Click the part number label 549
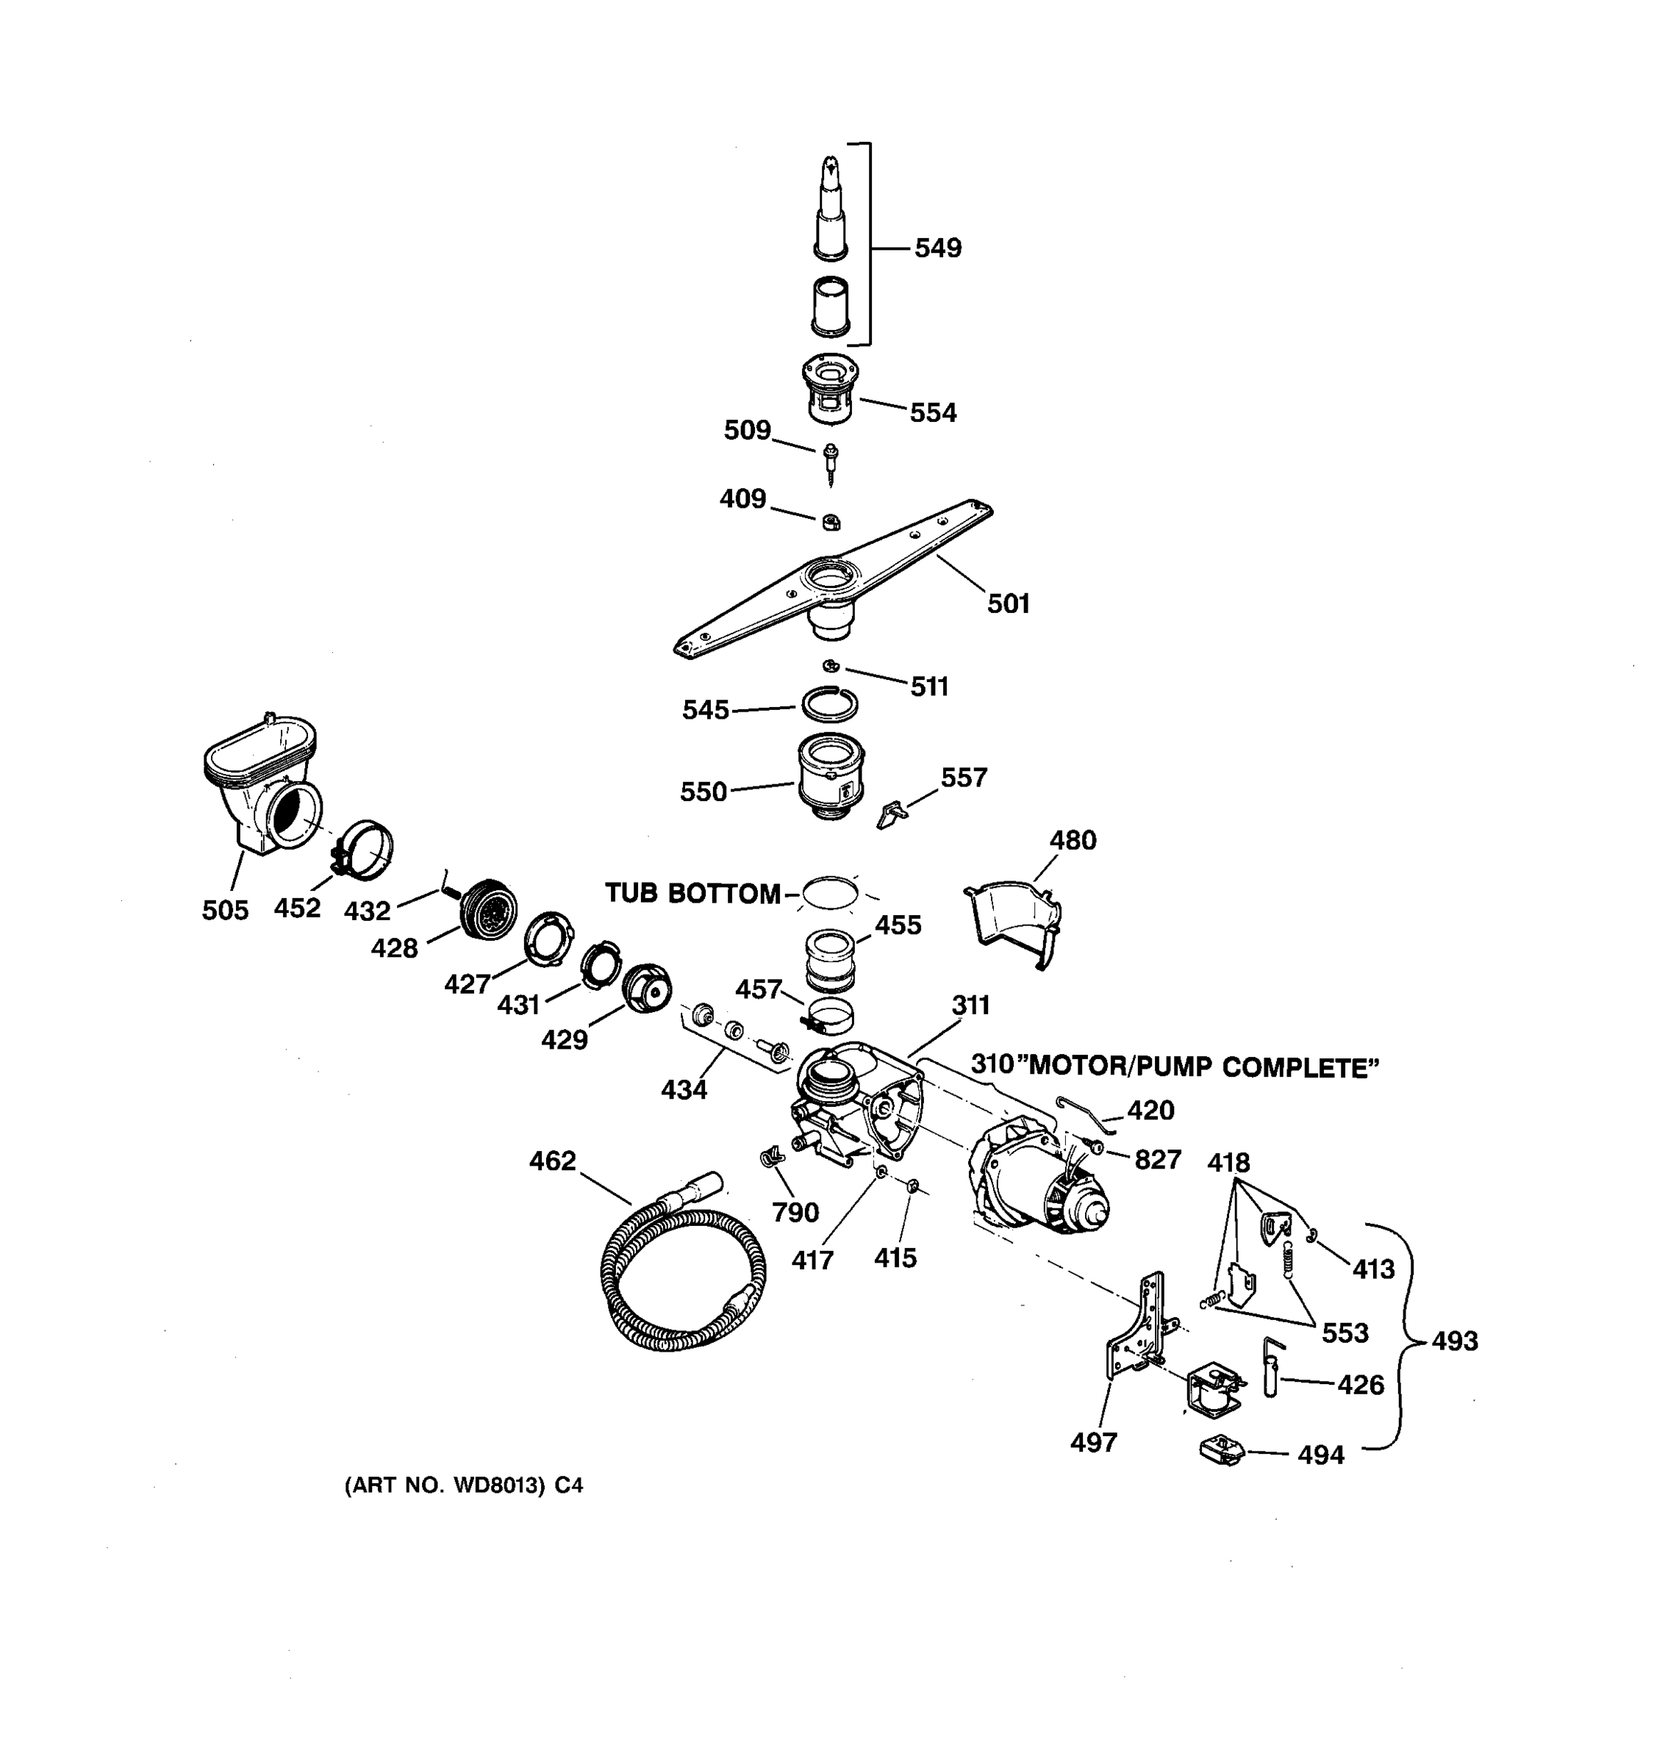pos(937,248)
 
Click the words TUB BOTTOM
pos(692,894)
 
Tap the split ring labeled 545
pos(830,706)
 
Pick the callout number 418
pos(1228,1162)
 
